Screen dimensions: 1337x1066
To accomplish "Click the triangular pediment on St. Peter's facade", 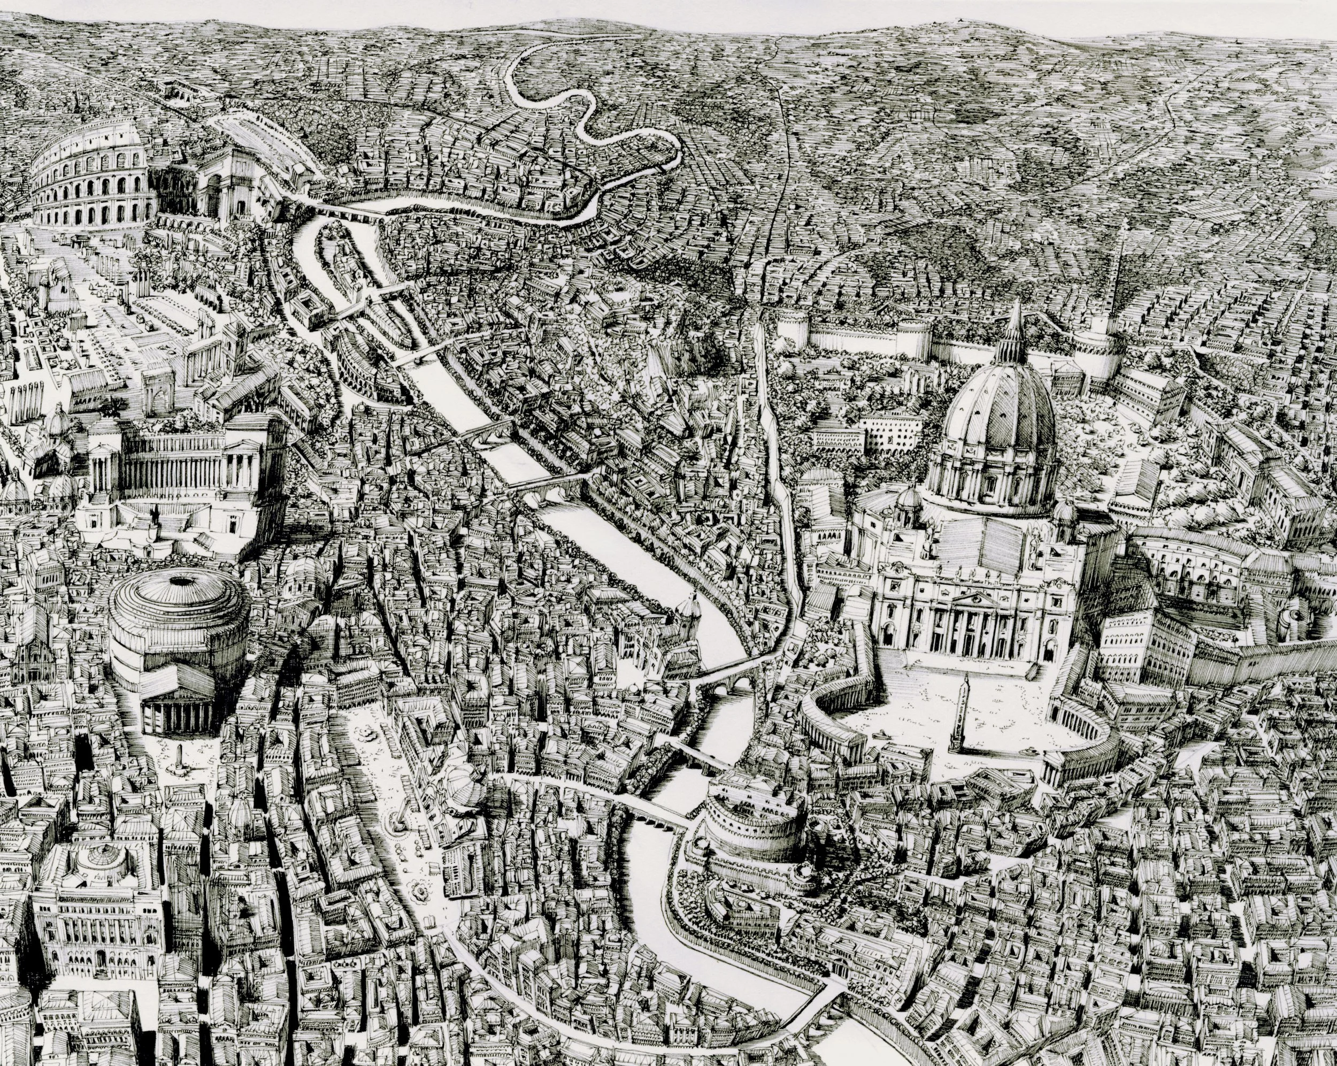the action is (x=974, y=599).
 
